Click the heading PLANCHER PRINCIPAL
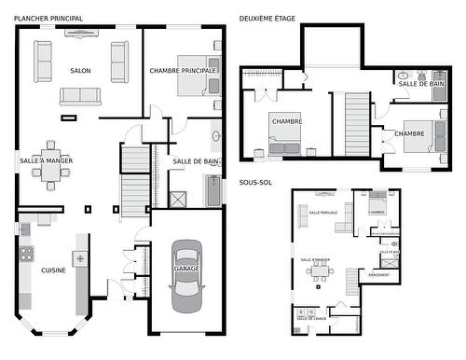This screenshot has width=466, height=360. coord(48,18)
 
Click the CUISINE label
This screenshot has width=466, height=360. coord(52,270)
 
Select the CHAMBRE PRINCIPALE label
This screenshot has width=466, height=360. coord(183,71)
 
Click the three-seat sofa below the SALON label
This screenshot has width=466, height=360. coord(80,95)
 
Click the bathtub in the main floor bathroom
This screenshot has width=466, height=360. coord(213,191)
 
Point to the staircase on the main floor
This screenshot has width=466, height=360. coord(135,182)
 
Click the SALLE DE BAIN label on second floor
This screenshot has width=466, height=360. coord(420,84)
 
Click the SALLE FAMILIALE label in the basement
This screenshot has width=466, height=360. coord(322,213)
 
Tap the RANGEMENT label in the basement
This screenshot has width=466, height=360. coord(379,275)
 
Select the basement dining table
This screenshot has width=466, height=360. coord(322,271)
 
